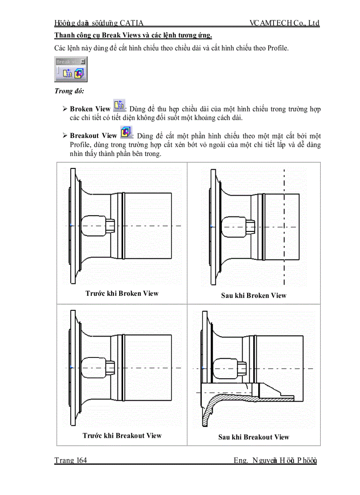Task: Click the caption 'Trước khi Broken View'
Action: coord(122,293)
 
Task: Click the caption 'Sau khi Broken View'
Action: coord(254,295)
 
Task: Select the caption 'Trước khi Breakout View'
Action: coord(122,435)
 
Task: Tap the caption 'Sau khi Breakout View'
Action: coord(254,437)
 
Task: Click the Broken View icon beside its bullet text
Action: coord(119,105)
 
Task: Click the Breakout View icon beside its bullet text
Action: coord(125,132)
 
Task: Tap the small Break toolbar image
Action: coord(71,70)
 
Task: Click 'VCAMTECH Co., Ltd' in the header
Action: coord(284,23)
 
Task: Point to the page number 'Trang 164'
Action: coord(71,461)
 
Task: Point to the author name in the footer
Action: coord(275,461)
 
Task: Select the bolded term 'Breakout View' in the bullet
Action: coord(93,136)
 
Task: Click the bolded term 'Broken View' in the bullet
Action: coord(90,108)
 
